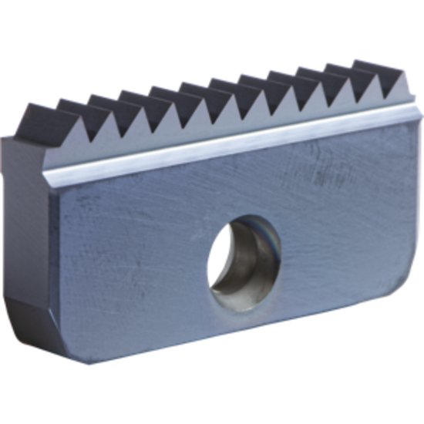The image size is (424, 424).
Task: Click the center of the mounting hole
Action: (x=244, y=260)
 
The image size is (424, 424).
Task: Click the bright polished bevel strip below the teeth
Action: (x=231, y=139)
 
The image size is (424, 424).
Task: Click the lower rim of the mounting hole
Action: (x=244, y=305)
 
